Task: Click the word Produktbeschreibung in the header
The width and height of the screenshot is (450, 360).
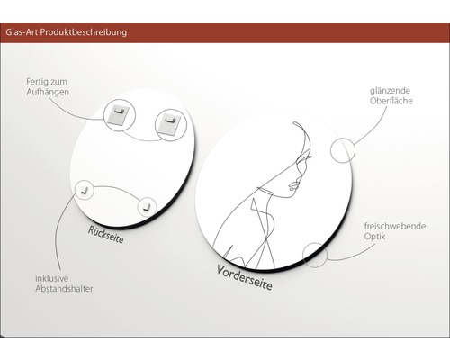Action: click(84, 32)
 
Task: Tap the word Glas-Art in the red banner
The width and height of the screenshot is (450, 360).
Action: click(22, 31)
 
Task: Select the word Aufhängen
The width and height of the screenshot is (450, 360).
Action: click(48, 92)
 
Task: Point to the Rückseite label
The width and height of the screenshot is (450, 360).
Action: click(105, 235)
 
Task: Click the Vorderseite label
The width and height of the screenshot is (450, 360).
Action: click(245, 277)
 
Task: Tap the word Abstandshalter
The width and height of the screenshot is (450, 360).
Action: click(64, 289)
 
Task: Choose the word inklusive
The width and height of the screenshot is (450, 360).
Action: click(51, 278)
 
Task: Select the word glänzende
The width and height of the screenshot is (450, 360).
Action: click(390, 91)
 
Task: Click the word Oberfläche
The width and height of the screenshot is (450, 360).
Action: click(391, 101)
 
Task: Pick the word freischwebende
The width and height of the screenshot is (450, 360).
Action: click(395, 226)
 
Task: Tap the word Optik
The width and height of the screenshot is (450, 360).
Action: click(375, 237)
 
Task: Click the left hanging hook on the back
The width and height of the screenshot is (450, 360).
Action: click(119, 115)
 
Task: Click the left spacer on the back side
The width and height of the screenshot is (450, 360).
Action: click(84, 190)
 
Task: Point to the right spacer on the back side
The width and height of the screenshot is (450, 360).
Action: click(147, 207)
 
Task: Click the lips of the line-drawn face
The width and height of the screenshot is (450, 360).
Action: click(292, 186)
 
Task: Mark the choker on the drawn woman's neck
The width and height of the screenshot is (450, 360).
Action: click(265, 190)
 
